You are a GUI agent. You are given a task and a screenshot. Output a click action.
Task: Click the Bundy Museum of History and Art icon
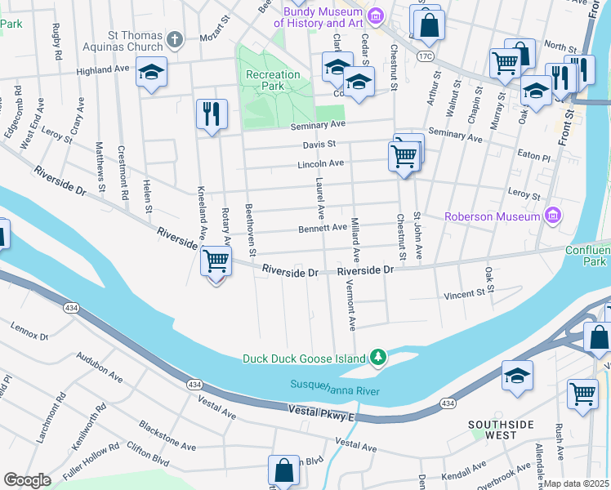375,16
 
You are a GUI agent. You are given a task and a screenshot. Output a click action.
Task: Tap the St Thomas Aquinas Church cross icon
173,39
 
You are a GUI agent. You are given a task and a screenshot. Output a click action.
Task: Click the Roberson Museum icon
553,216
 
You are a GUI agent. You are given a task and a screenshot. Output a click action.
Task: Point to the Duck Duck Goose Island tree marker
377,358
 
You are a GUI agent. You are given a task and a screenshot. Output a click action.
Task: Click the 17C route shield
424,56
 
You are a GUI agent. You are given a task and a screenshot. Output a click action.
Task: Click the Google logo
27,479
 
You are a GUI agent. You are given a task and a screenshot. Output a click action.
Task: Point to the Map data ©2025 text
577,483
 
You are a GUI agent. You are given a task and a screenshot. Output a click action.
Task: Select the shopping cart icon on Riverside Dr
216,261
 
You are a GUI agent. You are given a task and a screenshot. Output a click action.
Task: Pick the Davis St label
321,144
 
